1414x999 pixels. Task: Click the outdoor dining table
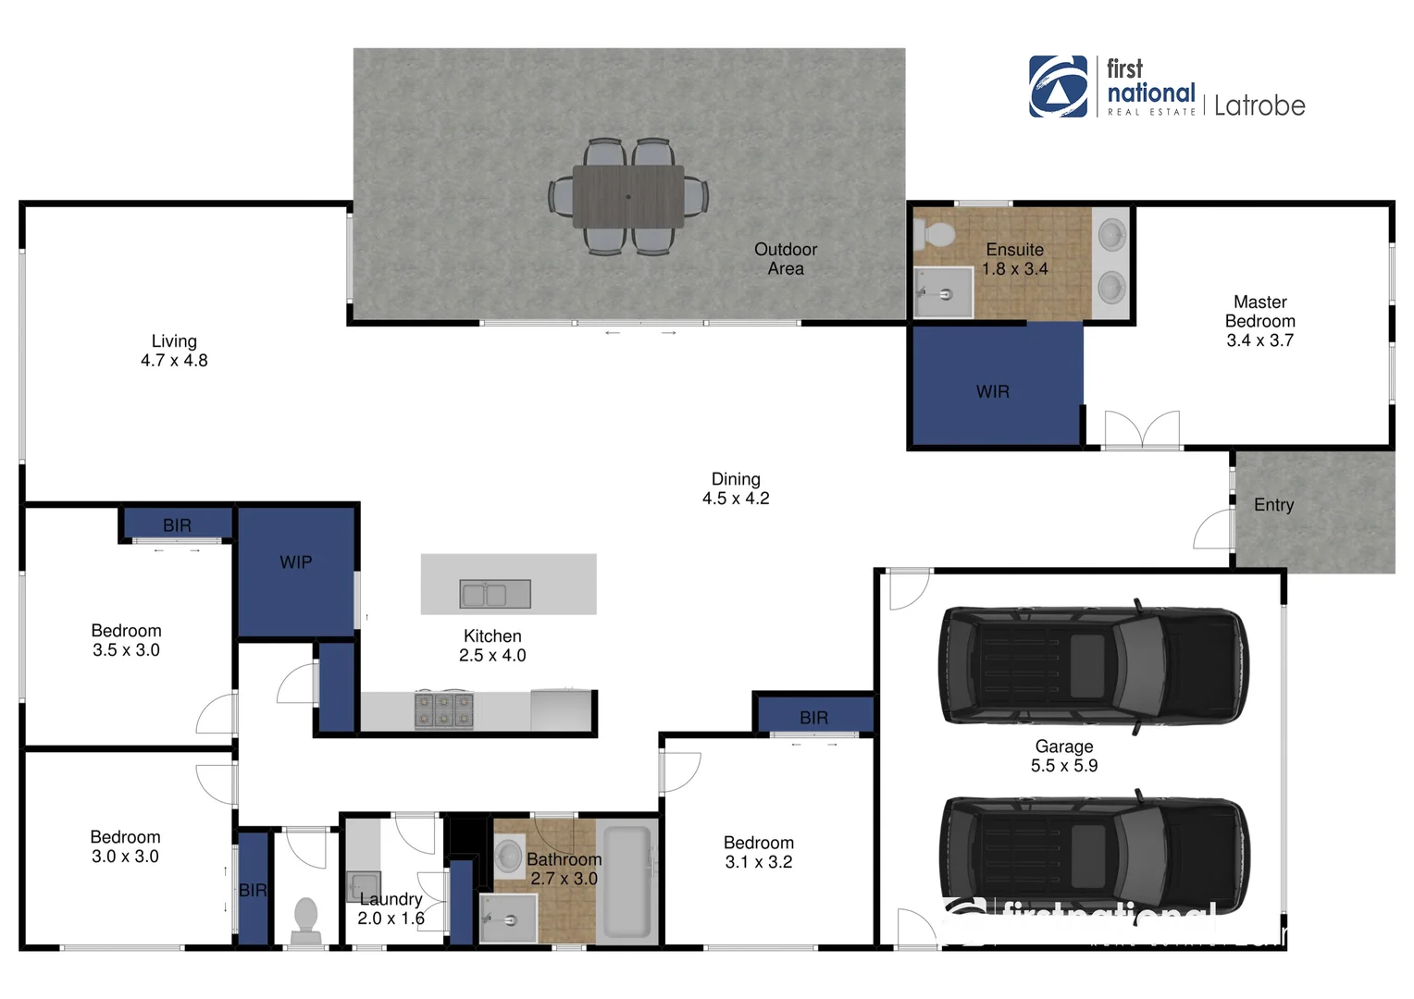(628, 196)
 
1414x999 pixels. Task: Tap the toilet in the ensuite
(936, 235)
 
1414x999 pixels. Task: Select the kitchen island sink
(495, 594)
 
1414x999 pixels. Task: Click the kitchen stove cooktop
(444, 710)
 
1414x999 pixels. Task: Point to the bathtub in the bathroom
(627, 882)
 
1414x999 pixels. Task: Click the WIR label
(992, 392)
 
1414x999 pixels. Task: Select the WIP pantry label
(296, 562)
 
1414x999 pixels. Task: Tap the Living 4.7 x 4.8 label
(174, 351)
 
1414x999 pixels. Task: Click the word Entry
(1273, 505)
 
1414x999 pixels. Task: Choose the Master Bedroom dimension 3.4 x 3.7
(1259, 340)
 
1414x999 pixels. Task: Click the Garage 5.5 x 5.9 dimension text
(1064, 766)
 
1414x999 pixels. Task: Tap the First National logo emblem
(1059, 87)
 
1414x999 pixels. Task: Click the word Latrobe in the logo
(1259, 106)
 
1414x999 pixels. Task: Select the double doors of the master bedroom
(1142, 430)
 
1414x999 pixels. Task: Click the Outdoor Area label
(786, 259)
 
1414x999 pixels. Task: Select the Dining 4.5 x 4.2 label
(736, 488)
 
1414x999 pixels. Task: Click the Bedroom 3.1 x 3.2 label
(759, 852)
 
